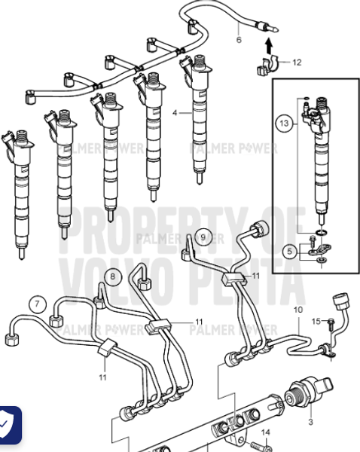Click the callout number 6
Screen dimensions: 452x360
pos(239,38)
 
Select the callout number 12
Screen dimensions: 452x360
pos(296,63)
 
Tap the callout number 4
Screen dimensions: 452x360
pos(175,113)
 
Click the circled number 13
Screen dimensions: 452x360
pos(282,121)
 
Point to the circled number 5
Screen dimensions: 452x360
pos(289,251)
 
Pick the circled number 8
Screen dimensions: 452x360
pos(112,276)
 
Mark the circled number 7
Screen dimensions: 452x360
pos(35,304)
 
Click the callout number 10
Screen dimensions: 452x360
pos(298,310)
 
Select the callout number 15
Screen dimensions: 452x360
pos(316,322)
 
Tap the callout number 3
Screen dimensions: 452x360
pos(311,423)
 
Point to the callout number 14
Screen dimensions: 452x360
pos(265,432)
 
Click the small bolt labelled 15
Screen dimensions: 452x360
pos(331,323)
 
